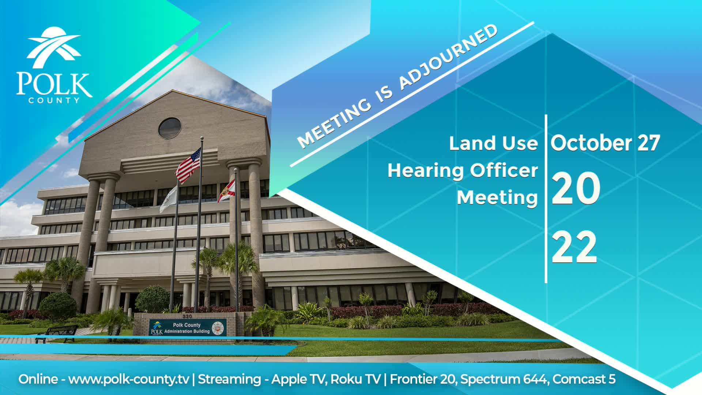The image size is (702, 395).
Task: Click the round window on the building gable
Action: (x=170, y=128)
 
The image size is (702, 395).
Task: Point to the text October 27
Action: (x=605, y=143)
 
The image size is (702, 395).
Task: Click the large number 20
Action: (x=575, y=189)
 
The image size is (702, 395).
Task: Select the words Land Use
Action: (x=493, y=143)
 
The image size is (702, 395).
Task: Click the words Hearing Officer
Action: (x=463, y=170)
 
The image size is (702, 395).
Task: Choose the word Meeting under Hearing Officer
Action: (x=497, y=198)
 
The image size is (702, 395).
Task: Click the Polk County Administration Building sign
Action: (x=188, y=328)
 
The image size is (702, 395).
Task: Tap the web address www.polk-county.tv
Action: (x=129, y=379)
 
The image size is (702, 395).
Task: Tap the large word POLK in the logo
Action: (x=54, y=84)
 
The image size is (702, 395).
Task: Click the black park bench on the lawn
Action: (x=57, y=333)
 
